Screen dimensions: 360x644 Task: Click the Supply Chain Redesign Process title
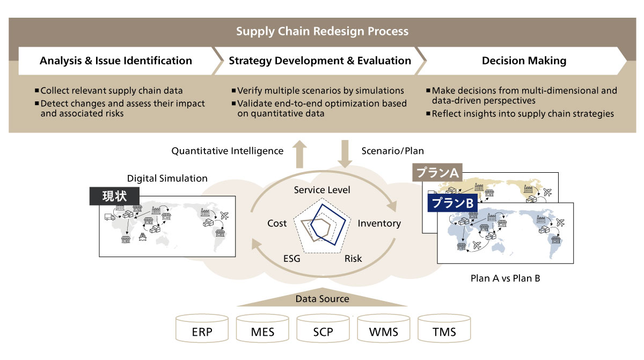point(322,31)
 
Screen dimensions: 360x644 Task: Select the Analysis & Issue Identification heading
point(116,61)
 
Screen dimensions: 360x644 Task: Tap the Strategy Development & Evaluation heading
point(320,61)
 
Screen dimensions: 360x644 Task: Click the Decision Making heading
point(524,61)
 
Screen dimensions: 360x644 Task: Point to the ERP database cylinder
point(202,329)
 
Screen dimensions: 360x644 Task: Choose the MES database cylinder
point(262,329)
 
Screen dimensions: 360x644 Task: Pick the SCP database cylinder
point(323,329)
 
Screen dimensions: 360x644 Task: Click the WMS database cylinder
point(384,329)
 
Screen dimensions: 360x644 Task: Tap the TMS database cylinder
point(444,329)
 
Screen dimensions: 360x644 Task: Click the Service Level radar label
point(322,190)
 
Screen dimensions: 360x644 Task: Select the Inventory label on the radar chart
point(379,223)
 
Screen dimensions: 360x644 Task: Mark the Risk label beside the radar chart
point(353,259)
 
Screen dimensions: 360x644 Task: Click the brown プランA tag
point(437,173)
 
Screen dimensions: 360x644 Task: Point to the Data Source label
point(322,299)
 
